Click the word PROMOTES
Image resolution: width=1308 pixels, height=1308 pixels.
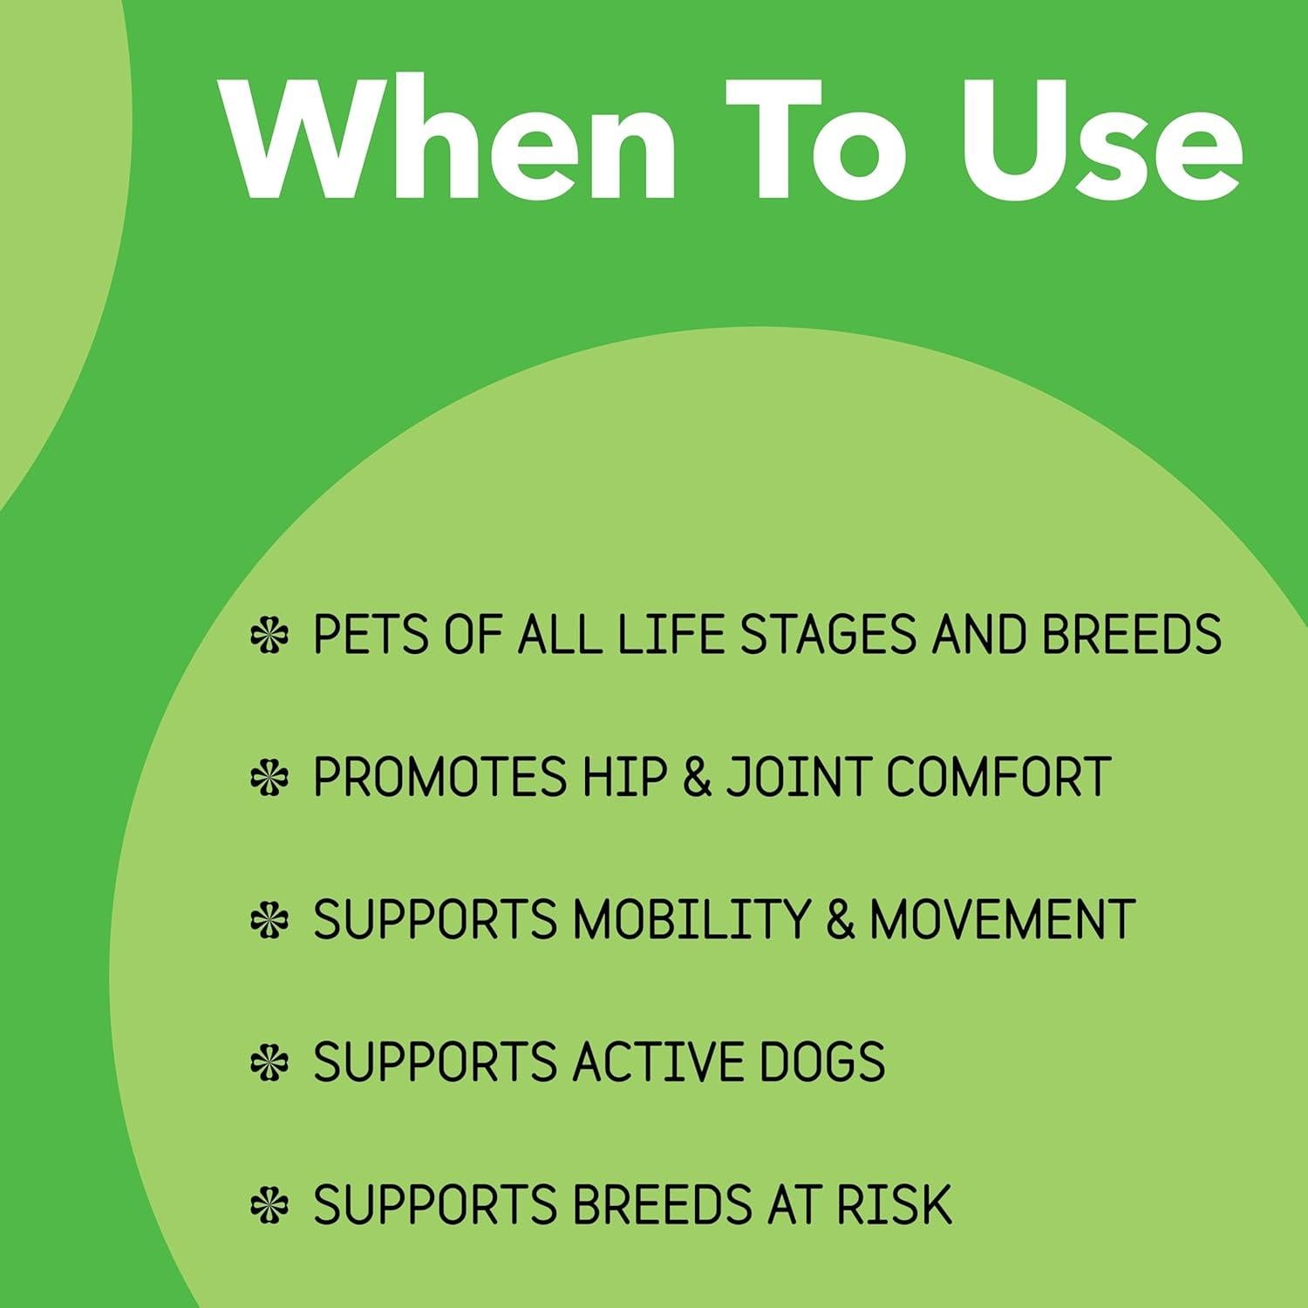point(439,776)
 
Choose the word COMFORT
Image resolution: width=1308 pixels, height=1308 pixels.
point(998,776)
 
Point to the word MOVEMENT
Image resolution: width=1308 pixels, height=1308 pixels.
point(1003,919)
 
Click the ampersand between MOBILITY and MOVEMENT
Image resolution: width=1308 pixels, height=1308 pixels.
point(841,920)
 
